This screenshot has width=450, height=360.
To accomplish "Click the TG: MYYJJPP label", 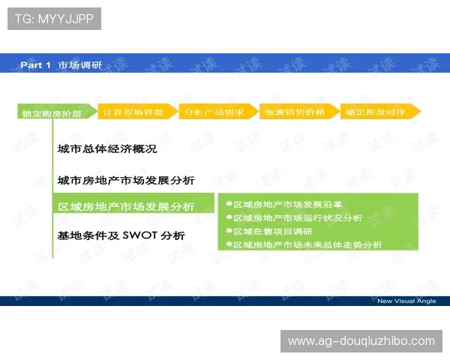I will click(53, 19).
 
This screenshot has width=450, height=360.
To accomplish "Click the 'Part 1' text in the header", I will click(35, 65).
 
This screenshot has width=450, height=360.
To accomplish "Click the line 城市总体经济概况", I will click(107, 148).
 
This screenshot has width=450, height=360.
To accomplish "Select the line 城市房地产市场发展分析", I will click(126, 180).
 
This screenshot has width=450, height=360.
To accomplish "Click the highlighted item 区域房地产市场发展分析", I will click(126, 207).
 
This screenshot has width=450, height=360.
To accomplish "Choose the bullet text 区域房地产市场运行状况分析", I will click(298, 217).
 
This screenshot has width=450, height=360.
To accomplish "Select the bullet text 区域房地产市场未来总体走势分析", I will click(307, 244).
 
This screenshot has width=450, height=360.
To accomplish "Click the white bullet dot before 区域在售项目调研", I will click(229, 231).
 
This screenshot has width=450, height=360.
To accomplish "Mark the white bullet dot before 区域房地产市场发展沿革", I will click(229, 204).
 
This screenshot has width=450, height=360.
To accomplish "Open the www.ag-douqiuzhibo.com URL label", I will click(361, 341).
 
